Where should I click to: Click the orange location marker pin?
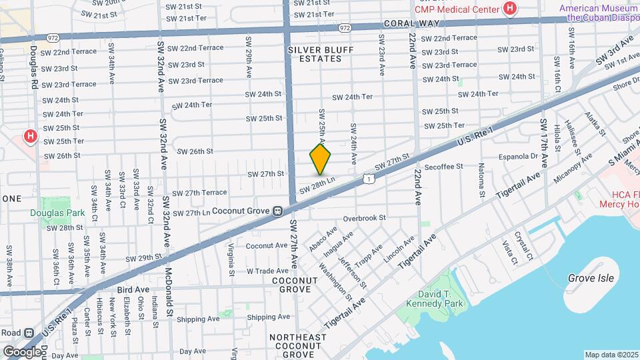[320, 159]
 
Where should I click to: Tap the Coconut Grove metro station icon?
[276, 211]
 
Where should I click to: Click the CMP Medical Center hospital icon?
[510, 9]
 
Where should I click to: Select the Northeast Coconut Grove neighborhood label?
[297, 345]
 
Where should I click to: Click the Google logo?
[22, 351]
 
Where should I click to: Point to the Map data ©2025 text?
[611, 355]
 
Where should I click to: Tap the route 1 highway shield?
[369, 178]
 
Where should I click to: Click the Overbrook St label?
[365, 218]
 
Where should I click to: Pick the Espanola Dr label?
[518, 157]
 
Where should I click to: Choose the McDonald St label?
[169, 292]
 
